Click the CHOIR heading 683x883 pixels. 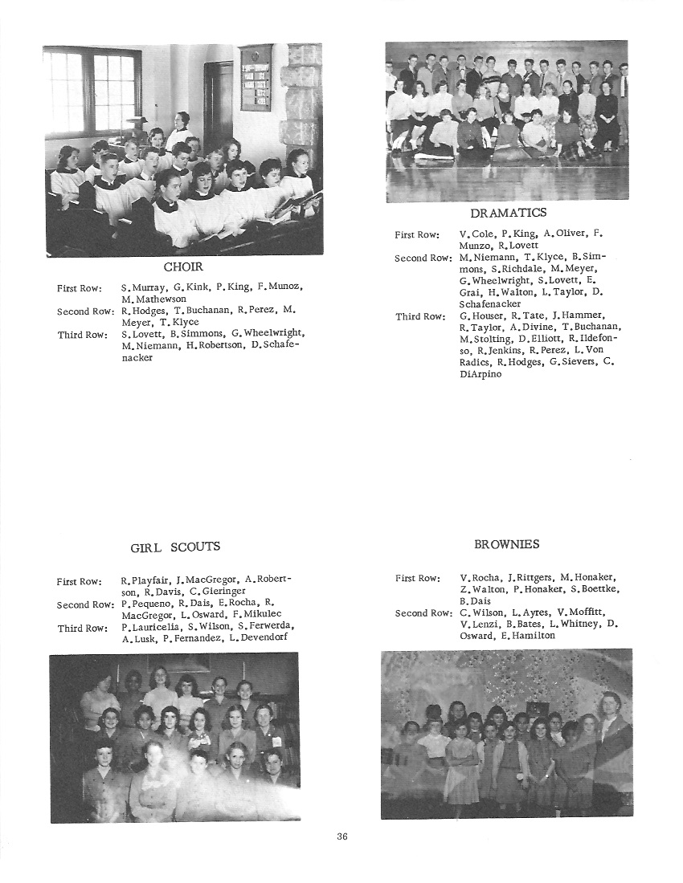183,267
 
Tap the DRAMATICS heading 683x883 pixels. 508,213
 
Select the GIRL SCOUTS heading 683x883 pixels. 175,547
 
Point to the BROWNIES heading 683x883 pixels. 506,544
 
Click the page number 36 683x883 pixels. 342,836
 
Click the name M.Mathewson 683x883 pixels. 153,299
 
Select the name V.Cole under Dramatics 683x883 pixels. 477,234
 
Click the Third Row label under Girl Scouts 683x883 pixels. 80,629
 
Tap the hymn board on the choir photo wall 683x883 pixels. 255,77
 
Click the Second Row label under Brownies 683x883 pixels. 423,613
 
